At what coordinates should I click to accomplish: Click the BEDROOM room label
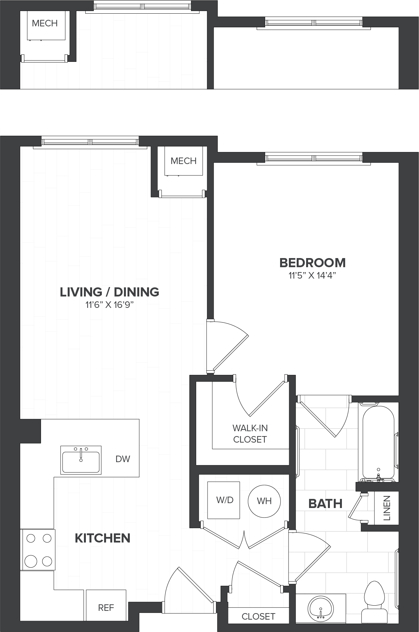click(312, 263)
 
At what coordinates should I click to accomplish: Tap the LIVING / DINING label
click(110, 292)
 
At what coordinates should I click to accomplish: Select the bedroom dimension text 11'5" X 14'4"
click(312, 276)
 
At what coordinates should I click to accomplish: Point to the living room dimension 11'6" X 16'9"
click(110, 305)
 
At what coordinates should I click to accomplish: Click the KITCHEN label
click(102, 538)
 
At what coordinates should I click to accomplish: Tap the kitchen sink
click(81, 460)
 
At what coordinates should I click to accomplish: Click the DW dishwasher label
click(123, 459)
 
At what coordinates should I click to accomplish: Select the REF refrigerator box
click(106, 607)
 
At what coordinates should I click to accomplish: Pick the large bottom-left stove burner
click(31, 561)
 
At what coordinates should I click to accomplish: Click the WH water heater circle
click(264, 501)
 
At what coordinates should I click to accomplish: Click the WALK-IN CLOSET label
click(250, 433)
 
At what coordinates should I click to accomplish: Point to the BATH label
click(325, 504)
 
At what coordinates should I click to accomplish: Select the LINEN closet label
click(387, 508)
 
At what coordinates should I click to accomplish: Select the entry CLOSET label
click(258, 616)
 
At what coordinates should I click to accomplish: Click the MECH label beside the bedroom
click(183, 161)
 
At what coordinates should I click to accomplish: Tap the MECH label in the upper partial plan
click(45, 23)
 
